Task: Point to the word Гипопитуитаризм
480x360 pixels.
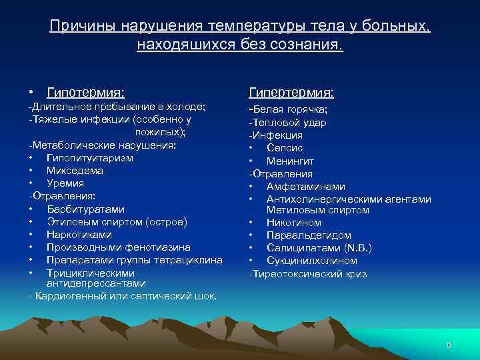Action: click(89, 158)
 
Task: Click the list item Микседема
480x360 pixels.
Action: click(75, 171)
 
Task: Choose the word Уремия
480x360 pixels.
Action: click(65, 183)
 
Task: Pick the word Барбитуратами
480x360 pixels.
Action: click(85, 209)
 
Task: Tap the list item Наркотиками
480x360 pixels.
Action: click(79, 235)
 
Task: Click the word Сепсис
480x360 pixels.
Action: click(285, 148)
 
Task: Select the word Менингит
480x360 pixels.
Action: click(290, 161)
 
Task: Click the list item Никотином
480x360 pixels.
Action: click(293, 223)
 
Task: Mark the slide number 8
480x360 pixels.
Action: click(449, 345)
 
